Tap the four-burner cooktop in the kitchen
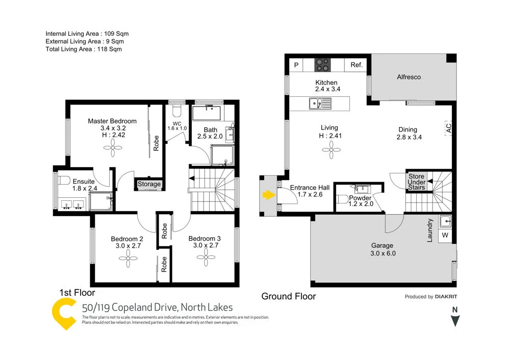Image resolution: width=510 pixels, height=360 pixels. coord(322,65)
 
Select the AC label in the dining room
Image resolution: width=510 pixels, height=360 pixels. coord(448,128)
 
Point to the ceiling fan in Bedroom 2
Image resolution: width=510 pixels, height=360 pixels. coord(127,260)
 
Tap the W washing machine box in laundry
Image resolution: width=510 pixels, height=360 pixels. coord(445,235)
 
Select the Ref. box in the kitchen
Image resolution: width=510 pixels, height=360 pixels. coord(356,65)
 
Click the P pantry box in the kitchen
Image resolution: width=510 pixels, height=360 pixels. coord(296,65)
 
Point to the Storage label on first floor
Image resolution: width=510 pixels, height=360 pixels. coord(149,184)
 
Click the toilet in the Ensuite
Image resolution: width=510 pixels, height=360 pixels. coord(63,181)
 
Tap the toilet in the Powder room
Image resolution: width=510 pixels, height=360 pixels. coord(342,199)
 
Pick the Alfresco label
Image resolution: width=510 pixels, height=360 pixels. coord(409,77)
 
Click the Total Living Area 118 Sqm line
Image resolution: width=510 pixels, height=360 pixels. coord(84,49)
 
